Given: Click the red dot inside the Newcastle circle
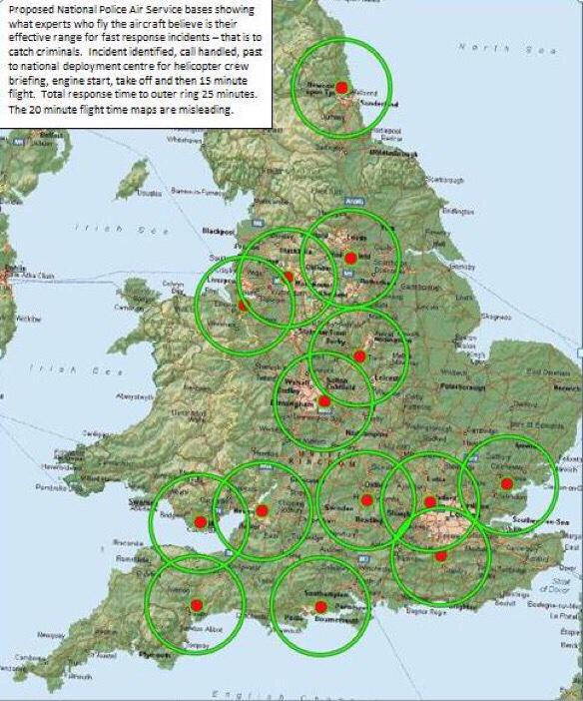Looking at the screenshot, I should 340,89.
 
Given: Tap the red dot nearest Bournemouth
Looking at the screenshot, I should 320,606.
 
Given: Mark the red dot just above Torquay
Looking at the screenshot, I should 197,605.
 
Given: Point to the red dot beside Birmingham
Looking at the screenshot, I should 324,401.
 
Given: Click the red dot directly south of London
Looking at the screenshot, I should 440,555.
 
